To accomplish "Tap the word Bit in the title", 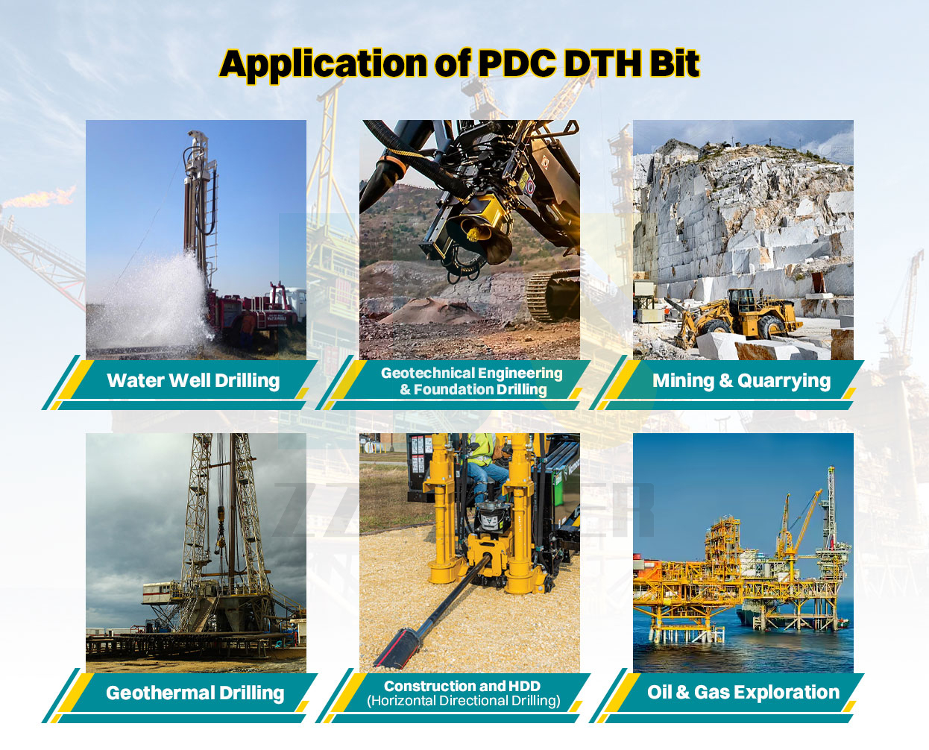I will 673,64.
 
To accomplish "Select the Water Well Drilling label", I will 193,381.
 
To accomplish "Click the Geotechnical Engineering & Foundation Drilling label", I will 472,381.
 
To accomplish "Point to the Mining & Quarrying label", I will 741,381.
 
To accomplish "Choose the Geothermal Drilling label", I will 195,693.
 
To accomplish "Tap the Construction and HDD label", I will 462,686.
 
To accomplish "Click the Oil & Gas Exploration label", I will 743,693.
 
